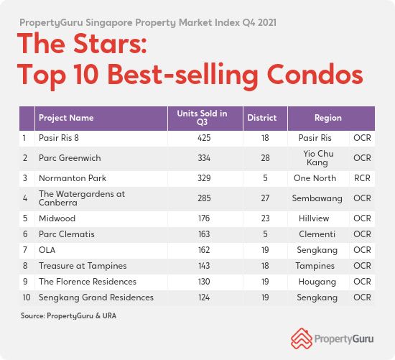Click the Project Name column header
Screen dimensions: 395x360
pos(66,118)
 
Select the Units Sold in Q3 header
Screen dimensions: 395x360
pos(202,118)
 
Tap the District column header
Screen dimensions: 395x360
pos(262,118)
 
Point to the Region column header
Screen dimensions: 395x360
pos(328,118)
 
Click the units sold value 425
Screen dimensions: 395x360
pos(204,138)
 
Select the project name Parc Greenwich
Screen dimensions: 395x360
pos(70,158)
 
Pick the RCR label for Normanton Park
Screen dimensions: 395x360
pos(362,178)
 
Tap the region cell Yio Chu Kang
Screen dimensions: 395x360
pos(318,158)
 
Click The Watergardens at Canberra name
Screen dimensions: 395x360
pos(82,198)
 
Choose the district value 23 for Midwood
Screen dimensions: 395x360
pos(265,218)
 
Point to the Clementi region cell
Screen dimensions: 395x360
pos(317,234)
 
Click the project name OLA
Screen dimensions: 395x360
pos(47,250)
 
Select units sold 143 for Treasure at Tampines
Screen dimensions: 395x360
pos(204,266)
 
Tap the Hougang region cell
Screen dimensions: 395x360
pos(317,282)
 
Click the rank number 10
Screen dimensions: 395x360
pos(27,297)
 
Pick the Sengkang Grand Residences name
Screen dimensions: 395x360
pos(96,297)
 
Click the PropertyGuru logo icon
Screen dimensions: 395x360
pos(302,338)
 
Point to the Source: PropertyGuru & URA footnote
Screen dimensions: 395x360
pos(68,316)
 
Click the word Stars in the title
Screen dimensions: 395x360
pos(110,43)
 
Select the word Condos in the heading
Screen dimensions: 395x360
pos(315,74)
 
